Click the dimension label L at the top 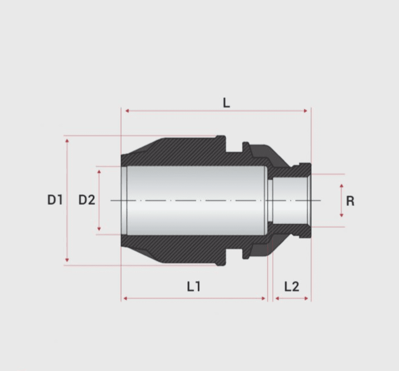pyautogui.click(x=226, y=103)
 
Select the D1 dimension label pyautogui.click(x=55, y=200)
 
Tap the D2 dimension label pyautogui.click(x=87, y=200)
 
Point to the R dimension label pyautogui.click(x=350, y=201)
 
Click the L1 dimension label pyautogui.click(x=193, y=286)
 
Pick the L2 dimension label pyautogui.click(x=291, y=286)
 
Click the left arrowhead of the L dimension pyautogui.click(x=127, y=111)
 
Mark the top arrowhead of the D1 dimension pyautogui.click(x=67, y=140)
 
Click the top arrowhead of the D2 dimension pyautogui.click(x=99, y=172)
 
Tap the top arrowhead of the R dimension pyautogui.click(x=341, y=186)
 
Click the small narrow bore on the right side pyautogui.click(x=289, y=200)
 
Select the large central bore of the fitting pyautogui.click(x=196, y=200)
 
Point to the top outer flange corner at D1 pyautogui.click(x=221, y=137)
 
